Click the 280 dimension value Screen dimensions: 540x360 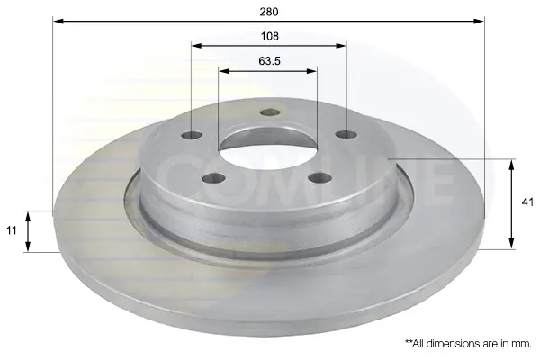(x=268, y=12)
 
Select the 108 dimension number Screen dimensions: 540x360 (x=269, y=36)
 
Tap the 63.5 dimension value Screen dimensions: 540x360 (x=269, y=61)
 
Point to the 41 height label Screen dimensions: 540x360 (x=527, y=202)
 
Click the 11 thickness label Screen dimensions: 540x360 (x=12, y=230)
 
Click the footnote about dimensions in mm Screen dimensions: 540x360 (x=468, y=344)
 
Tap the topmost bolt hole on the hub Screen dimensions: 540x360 (x=270, y=112)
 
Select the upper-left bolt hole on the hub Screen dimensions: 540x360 (x=192, y=135)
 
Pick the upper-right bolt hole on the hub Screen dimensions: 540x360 (x=346, y=134)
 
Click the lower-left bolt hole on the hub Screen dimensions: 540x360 (x=213, y=178)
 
